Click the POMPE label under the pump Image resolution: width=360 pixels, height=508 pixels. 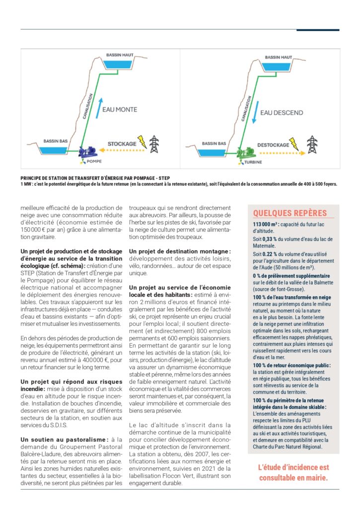(x=94, y=161)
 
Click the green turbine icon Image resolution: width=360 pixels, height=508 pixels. (x=247, y=152)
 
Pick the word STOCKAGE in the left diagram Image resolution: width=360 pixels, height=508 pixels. (x=122, y=144)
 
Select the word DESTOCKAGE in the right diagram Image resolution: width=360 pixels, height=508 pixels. (x=273, y=145)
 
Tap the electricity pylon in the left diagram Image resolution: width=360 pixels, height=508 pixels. (x=154, y=144)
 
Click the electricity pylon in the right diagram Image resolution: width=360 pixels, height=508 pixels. (x=312, y=144)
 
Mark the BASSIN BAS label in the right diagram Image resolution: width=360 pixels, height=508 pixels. (x=215, y=143)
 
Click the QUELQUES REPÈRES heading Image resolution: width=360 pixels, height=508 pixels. (x=290, y=213)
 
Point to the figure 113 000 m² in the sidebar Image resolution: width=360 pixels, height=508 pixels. (x=267, y=224)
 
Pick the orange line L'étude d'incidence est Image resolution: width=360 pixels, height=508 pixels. (x=293, y=467)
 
